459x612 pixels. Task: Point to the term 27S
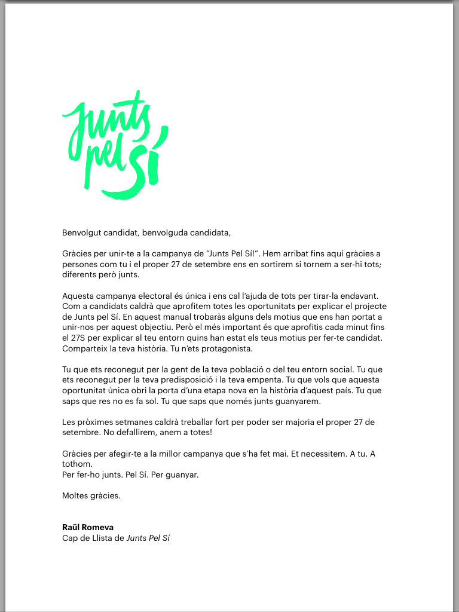80,338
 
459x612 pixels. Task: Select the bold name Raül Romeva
88,527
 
